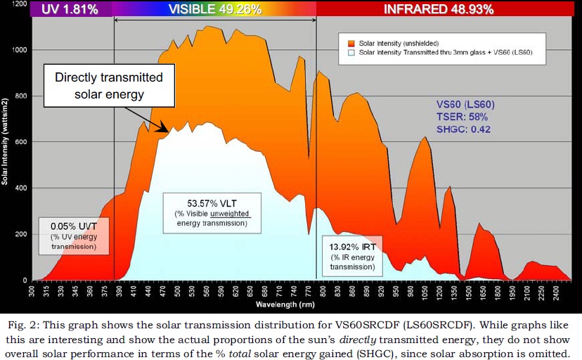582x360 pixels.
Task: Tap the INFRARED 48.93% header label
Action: click(x=439, y=9)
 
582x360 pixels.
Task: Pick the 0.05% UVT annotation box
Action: click(x=73, y=236)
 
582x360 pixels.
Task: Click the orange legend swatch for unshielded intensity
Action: click(x=351, y=42)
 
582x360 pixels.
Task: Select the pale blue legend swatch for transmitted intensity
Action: click(x=351, y=52)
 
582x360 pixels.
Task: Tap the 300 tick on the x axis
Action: click(x=32, y=289)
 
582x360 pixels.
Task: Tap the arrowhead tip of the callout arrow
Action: click(x=167, y=130)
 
